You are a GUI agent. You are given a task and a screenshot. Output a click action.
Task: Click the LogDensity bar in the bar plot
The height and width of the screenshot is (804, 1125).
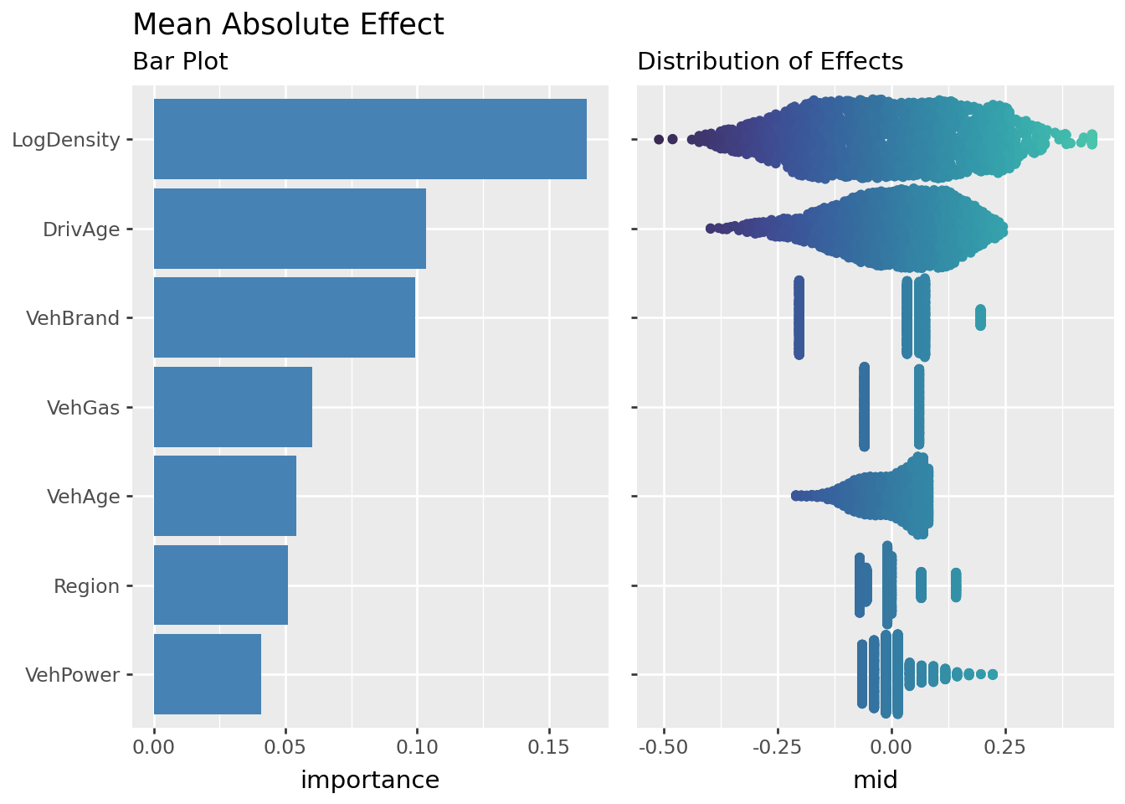370,139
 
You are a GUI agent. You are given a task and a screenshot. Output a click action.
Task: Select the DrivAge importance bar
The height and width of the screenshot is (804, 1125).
290,229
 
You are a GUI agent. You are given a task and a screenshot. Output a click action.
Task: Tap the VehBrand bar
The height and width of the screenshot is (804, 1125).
285,317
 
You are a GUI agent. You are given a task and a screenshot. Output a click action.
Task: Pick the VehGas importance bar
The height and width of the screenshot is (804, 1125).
233,407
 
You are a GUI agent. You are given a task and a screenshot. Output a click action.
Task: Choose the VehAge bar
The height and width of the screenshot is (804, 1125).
225,496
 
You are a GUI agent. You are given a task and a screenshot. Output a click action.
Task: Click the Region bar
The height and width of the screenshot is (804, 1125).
221,585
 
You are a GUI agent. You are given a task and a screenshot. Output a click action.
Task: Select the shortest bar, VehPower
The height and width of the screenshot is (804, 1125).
208,674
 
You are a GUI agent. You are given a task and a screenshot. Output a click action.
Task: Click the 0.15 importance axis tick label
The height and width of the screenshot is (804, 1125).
549,746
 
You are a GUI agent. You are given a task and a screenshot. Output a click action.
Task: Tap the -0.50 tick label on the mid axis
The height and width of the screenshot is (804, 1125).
663,746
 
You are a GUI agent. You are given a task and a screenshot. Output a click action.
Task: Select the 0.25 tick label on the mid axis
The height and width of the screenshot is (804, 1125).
1005,746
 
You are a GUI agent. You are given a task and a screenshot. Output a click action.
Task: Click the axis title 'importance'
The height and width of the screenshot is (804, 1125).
370,781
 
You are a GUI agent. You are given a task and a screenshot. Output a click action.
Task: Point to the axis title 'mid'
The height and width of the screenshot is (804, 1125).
875,781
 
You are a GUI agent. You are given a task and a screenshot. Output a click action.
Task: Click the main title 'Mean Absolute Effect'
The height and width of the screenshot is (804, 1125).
288,25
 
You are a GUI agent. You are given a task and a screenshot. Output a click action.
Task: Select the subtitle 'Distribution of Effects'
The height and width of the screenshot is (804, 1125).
770,62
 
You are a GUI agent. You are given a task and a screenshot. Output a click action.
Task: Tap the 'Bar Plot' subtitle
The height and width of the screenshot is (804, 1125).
180,62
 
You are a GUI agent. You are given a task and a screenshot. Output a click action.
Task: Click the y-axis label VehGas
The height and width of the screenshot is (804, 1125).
83,408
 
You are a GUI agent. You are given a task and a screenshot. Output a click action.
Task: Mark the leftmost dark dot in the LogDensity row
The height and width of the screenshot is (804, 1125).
659,139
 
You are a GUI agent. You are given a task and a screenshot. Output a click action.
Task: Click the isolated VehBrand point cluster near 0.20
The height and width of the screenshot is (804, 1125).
980,317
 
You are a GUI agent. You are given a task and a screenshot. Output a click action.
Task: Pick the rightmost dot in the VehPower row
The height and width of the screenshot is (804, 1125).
993,674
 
